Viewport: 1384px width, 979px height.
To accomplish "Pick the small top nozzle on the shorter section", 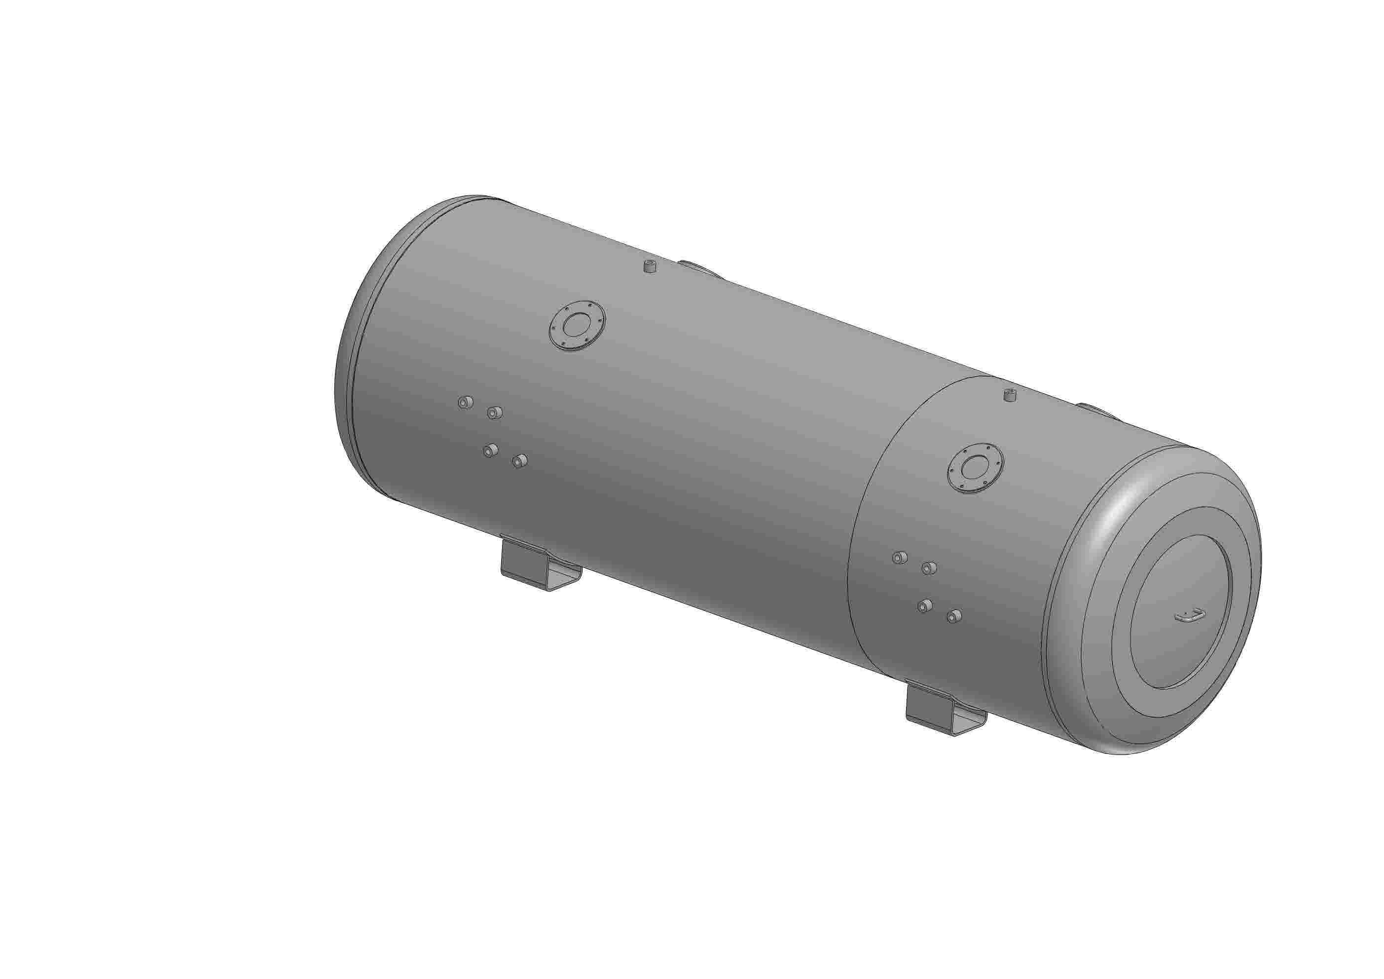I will [x=1010, y=396].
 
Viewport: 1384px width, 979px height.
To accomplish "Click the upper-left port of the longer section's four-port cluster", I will [x=465, y=402].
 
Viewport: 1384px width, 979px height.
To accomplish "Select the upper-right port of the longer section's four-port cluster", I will [x=494, y=413].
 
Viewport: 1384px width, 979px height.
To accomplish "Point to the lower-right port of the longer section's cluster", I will [x=519, y=461].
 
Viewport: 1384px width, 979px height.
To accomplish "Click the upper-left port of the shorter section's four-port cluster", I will [x=899, y=558].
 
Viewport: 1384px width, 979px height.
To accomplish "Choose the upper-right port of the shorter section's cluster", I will [x=929, y=567].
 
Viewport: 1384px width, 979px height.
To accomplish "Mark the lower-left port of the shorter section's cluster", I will [x=924, y=605].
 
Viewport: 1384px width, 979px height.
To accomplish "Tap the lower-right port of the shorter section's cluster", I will [x=953, y=616].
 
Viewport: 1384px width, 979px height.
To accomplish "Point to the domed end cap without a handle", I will [x=347, y=362].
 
